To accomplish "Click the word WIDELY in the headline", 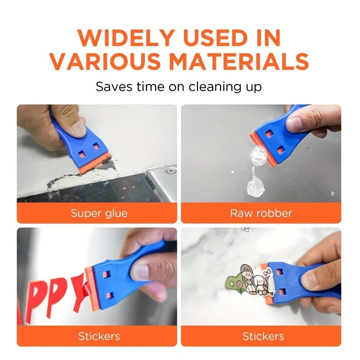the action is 126,38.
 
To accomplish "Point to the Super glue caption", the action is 99,213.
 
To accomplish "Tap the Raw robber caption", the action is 261,213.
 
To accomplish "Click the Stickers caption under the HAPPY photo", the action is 99,336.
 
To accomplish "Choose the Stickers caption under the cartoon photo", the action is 263,336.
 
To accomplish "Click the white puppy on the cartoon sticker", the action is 261,285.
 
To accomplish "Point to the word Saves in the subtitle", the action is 114,87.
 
